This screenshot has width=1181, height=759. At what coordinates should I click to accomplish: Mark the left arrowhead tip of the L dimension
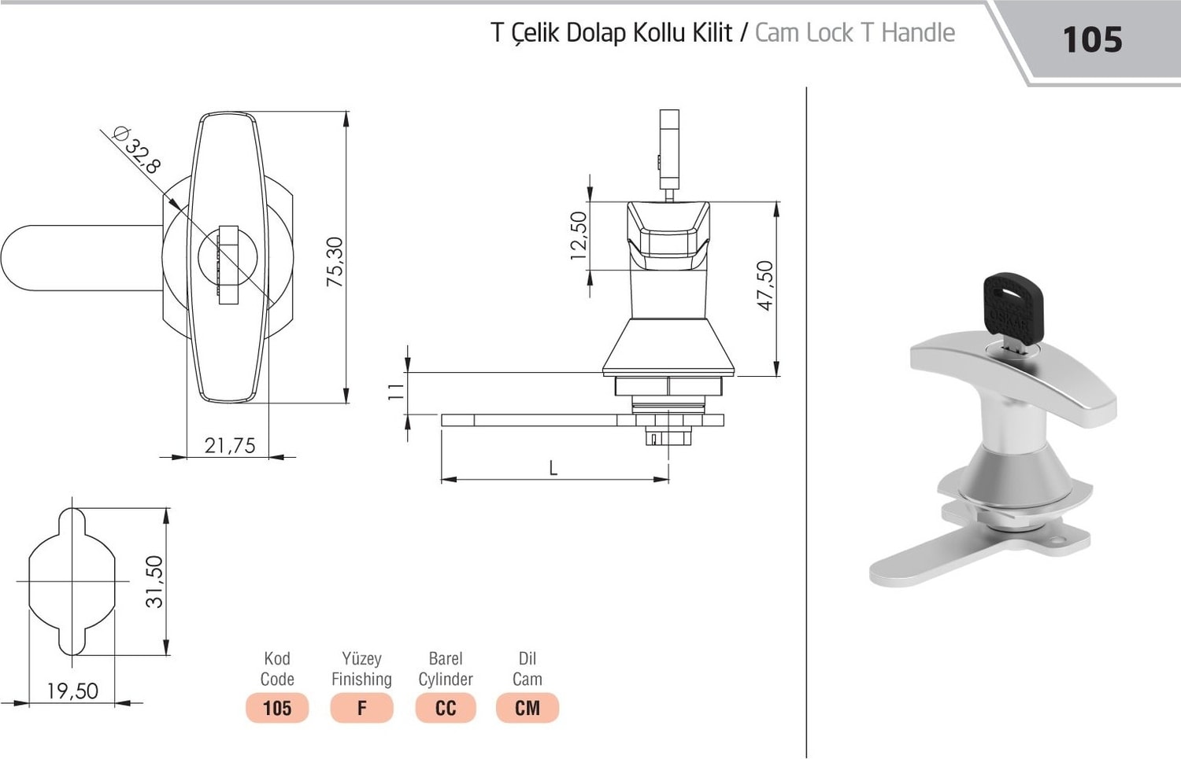442,479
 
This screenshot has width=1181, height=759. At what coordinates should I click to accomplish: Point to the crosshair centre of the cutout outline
72,581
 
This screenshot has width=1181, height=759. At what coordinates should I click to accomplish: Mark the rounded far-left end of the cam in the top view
2,257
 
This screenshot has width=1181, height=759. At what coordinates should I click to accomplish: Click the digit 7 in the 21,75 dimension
235,446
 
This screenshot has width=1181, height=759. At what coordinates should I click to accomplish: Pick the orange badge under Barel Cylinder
446,708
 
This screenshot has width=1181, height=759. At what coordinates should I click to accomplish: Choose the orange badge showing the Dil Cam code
528,708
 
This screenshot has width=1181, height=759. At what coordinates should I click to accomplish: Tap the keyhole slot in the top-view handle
228,266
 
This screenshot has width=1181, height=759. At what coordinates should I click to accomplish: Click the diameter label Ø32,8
135,150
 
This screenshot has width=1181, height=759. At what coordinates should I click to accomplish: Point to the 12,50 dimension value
579,235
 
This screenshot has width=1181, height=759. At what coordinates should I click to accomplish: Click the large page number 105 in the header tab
1092,40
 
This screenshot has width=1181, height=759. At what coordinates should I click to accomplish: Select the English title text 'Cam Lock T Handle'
854,33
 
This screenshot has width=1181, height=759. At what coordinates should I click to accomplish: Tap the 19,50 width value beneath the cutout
72,691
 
